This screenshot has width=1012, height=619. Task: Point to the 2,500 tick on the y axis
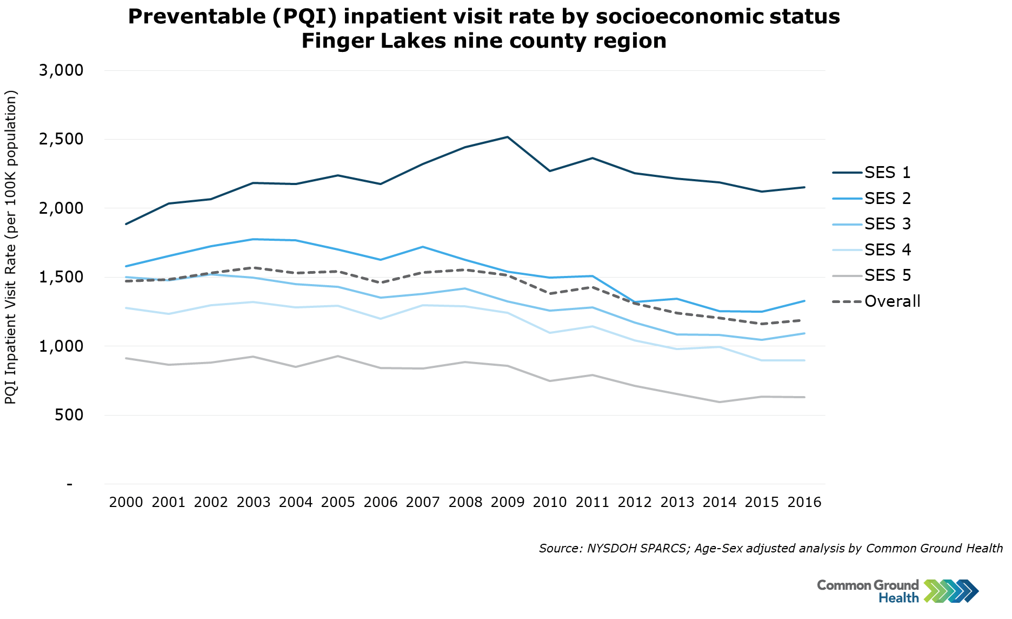[61, 139]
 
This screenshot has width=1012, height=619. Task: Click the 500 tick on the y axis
[69, 415]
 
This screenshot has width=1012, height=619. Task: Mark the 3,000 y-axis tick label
[61, 70]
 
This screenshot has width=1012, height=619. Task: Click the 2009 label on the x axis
[508, 502]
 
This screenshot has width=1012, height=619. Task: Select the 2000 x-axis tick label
[126, 502]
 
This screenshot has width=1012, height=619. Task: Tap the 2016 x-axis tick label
[804, 502]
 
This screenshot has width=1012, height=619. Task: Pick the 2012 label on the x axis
[635, 502]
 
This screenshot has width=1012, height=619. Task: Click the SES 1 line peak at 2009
[508, 137]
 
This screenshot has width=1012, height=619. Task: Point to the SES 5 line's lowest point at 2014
[720, 402]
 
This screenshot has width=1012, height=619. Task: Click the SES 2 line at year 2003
[254, 239]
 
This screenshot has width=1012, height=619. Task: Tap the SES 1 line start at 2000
[126, 224]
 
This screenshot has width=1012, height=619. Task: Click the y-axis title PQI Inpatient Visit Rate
[11, 247]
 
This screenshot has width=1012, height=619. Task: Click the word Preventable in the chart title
[195, 17]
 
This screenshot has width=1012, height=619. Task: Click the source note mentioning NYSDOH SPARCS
[770, 548]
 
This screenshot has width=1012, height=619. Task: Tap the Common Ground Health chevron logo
[951, 591]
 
